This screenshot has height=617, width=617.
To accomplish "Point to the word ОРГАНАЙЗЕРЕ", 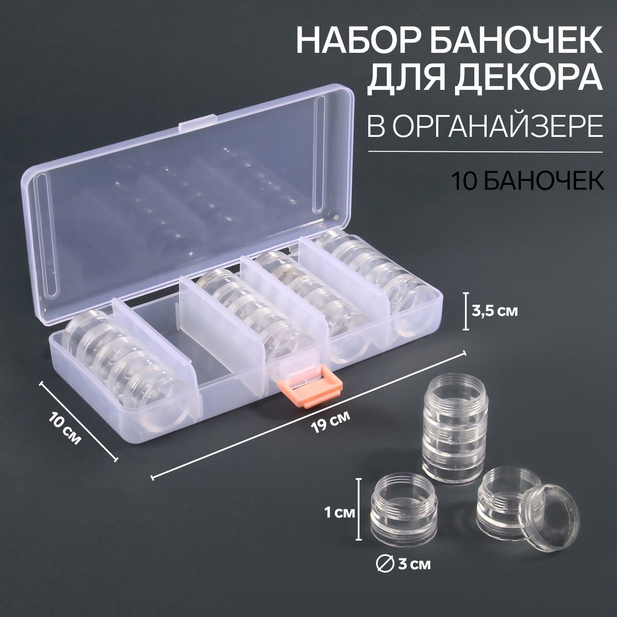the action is pos(499,126).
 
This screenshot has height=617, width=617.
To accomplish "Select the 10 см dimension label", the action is pos(66,428).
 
